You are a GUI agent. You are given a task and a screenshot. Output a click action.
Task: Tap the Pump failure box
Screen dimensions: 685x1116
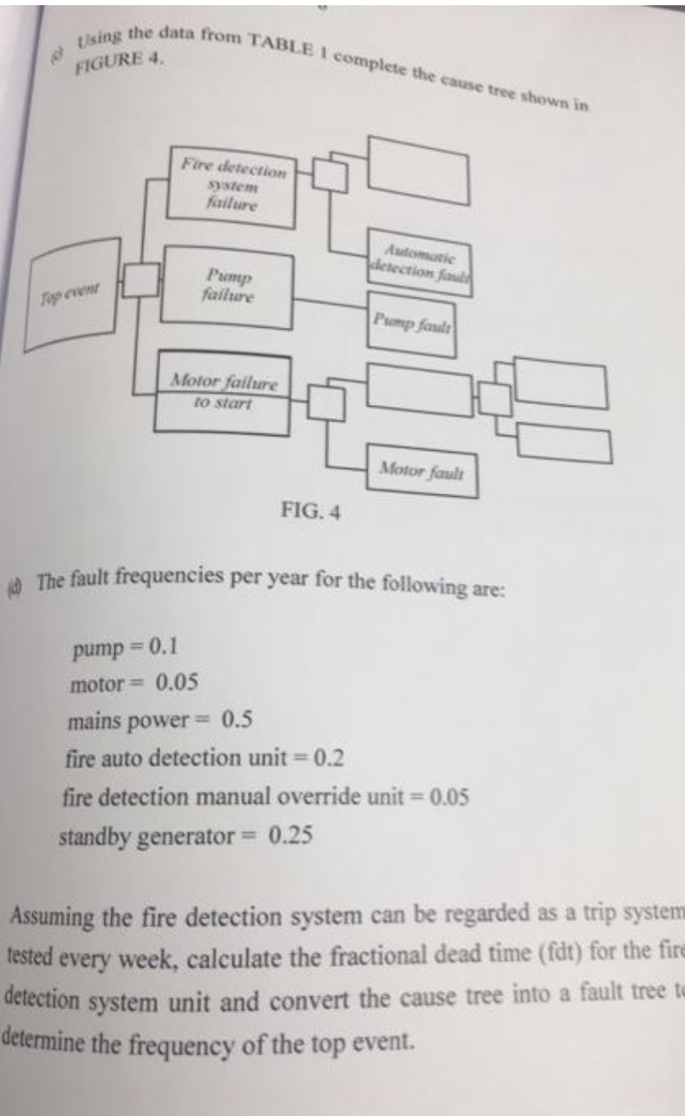point(228,287)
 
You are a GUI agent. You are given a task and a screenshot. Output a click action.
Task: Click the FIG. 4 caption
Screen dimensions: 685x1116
point(311,511)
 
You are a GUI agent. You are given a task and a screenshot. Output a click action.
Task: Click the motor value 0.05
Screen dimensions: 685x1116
point(177,683)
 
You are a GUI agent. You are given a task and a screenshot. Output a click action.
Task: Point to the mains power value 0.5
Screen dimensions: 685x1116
point(238,720)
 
